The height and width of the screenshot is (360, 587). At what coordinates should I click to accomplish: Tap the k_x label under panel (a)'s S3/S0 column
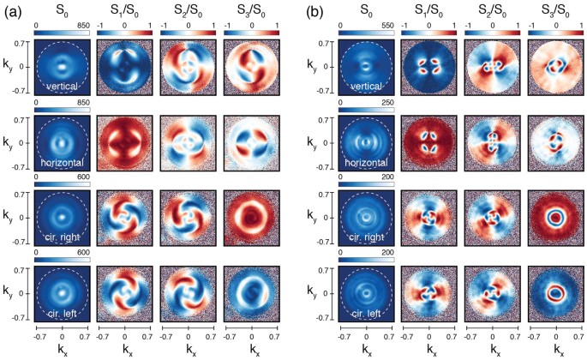[254, 349]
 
